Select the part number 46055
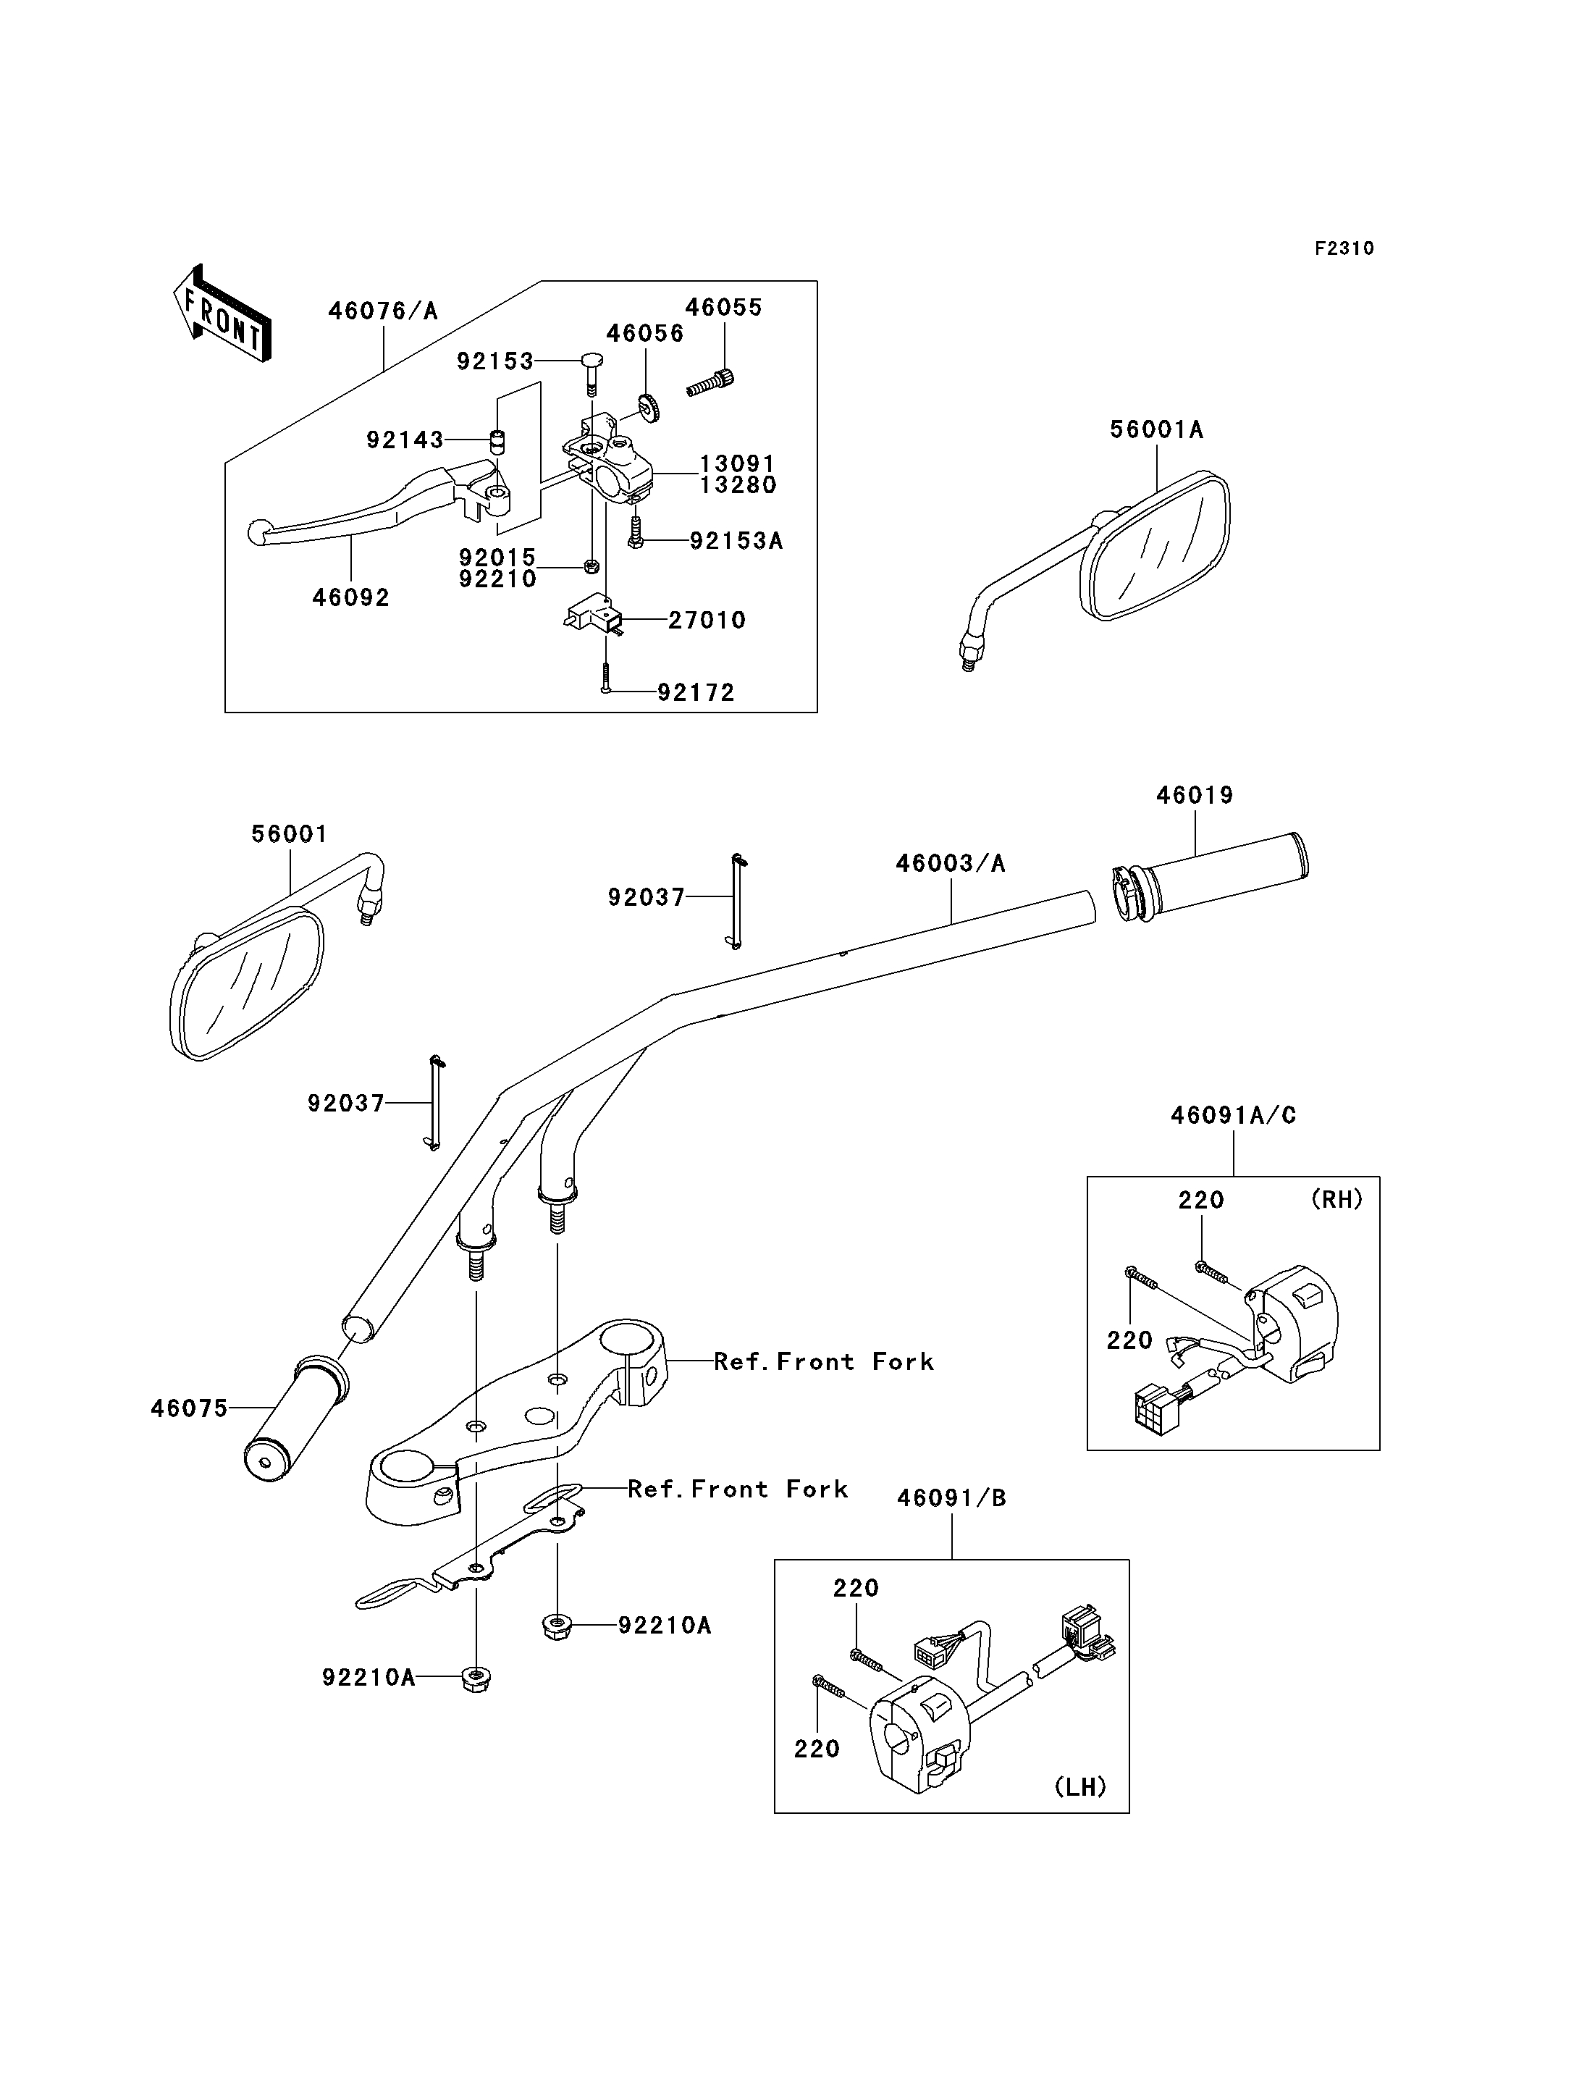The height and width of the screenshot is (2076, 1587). [x=723, y=307]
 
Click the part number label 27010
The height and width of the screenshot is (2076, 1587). [x=707, y=620]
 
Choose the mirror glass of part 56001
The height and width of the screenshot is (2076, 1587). [x=248, y=982]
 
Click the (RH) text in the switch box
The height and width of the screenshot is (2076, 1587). [x=1336, y=1199]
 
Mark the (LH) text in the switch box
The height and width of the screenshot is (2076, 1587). [x=1081, y=1787]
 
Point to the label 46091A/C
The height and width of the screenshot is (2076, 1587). [x=1233, y=1115]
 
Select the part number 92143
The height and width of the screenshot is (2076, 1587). [x=405, y=440]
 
